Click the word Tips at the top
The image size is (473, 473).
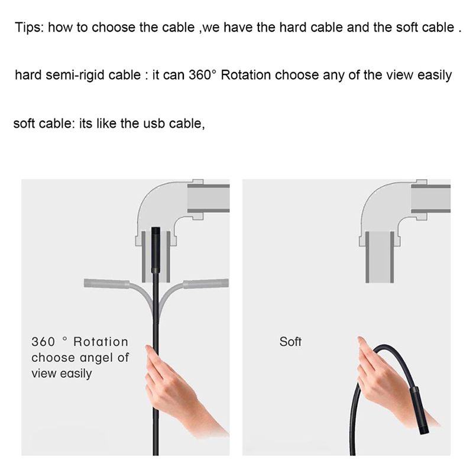(30, 27)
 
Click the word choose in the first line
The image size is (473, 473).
(112, 28)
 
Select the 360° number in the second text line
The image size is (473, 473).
(203, 75)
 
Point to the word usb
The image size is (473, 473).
(153, 124)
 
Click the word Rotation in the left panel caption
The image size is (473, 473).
(101, 342)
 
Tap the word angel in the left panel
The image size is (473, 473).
(98, 358)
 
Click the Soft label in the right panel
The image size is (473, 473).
(290, 342)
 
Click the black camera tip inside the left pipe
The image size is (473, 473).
(155, 250)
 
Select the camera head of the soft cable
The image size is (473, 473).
(417, 412)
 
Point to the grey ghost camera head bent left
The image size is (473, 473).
(106, 283)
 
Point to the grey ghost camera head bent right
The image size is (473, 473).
(206, 284)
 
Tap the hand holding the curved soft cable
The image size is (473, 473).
(389, 383)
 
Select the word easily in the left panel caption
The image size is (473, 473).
(76, 374)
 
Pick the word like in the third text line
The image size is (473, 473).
(106, 124)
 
